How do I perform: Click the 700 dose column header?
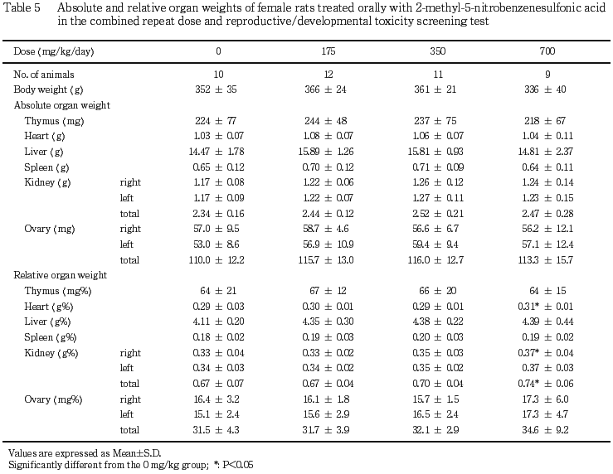[547, 51]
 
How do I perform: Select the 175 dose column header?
[328, 51]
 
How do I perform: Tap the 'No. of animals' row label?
[44, 75]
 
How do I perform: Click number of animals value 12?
[328, 75]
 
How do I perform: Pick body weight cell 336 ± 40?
[545, 89]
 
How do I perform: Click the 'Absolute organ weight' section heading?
[61, 105]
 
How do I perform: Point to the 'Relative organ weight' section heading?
[61, 275]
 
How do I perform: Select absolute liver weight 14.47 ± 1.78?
[216, 152]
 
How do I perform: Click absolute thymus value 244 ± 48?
[326, 121]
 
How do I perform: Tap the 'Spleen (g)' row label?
[46, 167]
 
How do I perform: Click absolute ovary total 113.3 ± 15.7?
[545, 260]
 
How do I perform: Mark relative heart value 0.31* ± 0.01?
[545, 307]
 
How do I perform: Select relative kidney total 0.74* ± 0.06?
[545, 384]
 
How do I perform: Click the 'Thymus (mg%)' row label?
[58, 291]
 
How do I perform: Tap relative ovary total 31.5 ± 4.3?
[216, 430]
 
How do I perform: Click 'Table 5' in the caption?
[22, 7]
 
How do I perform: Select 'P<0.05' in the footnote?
[238, 465]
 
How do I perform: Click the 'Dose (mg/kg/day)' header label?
[54, 51]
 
